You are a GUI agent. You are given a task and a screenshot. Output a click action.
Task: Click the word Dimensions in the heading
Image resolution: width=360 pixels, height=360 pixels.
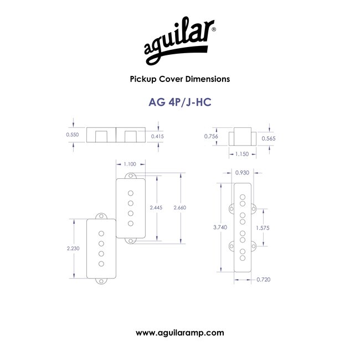(x=208, y=79)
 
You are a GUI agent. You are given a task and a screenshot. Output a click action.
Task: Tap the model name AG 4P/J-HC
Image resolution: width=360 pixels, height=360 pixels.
(x=180, y=102)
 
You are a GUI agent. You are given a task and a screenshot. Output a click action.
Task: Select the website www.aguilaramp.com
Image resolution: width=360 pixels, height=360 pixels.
(x=180, y=333)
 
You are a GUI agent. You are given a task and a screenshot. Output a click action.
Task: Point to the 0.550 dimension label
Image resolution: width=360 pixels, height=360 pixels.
(x=73, y=135)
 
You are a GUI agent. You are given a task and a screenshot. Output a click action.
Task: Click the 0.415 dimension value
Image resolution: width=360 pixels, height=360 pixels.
(x=157, y=136)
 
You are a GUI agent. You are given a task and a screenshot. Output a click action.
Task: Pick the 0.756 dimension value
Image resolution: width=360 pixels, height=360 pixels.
(x=211, y=136)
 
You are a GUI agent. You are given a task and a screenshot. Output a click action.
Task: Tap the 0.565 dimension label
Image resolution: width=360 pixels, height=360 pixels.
(x=269, y=138)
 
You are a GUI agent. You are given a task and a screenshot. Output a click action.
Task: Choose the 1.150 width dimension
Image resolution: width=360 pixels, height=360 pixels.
(x=242, y=154)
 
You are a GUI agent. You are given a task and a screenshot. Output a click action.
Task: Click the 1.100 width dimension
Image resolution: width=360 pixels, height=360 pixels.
(x=130, y=164)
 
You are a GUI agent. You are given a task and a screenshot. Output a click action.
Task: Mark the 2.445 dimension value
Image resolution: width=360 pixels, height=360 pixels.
(x=156, y=208)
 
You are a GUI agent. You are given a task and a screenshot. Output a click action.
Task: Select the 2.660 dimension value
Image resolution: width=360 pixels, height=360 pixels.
(x=180, y=208)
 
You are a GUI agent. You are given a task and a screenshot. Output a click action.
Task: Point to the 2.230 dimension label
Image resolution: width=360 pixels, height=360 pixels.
(x=73, y=248)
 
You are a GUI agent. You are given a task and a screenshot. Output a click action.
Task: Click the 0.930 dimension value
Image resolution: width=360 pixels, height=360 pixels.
(x=242, y=173)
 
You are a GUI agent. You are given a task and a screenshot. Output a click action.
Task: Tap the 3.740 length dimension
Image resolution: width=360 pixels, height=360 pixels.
(x=220, y=227)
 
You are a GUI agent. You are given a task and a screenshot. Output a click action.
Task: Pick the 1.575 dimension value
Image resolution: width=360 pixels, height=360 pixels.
(x=263, y=228)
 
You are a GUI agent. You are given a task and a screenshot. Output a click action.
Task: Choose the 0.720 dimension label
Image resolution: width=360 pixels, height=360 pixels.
(x=263, y=280)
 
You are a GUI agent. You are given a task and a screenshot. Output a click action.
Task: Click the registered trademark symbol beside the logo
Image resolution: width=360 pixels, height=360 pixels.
(x=214, y=29)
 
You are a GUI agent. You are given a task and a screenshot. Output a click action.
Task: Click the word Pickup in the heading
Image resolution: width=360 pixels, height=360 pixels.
(x=143, y=79)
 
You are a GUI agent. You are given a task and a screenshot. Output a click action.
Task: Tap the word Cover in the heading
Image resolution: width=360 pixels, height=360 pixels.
(x=171, y=79)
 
